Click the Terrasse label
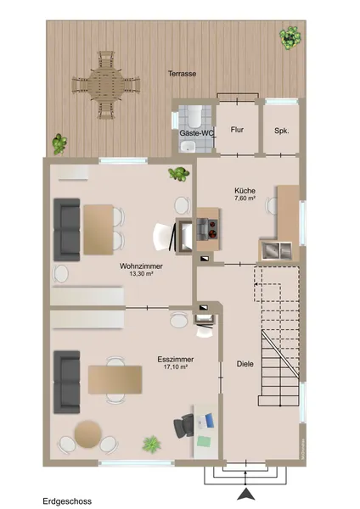182,74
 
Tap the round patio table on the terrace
106,85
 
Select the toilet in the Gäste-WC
195,116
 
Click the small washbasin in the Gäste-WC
188,147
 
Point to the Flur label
237,130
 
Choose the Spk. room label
282,131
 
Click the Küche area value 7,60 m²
245,198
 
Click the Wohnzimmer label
141,266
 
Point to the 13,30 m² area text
141,274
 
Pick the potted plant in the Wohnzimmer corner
178,173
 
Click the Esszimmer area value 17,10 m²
176,367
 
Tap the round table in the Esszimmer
87,434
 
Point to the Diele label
245,364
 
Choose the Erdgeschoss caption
67,501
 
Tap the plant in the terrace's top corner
290,37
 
